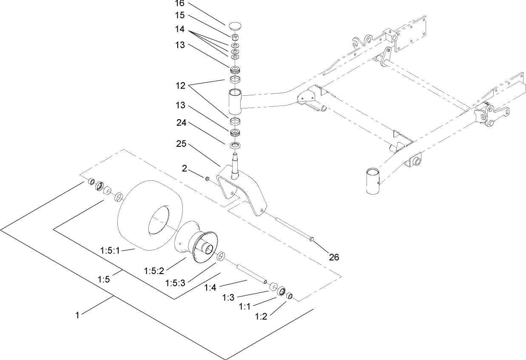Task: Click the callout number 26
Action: click(x=334, y=257)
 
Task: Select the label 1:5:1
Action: click(x=110, y=251)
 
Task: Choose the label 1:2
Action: click(x=261, y=317)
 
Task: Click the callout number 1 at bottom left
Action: click(x=77, y=315)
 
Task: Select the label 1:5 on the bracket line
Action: click(x=105, y=279)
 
